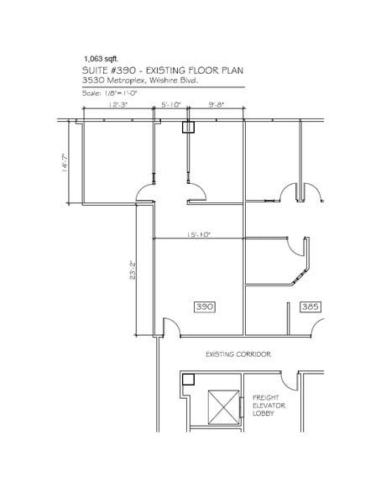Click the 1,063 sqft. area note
101,59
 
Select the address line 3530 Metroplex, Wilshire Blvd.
140,81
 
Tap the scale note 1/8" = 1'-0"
110,93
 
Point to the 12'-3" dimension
118,105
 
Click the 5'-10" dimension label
171,105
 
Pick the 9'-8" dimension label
217,105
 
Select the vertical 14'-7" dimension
65,163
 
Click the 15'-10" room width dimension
198,234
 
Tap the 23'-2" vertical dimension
133,270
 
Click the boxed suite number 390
205,307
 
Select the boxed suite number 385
311,307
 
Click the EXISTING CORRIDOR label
238,354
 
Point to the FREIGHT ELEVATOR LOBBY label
269,406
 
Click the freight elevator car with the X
223,407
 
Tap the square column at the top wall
189,128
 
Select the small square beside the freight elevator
189,380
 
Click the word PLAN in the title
232,71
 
